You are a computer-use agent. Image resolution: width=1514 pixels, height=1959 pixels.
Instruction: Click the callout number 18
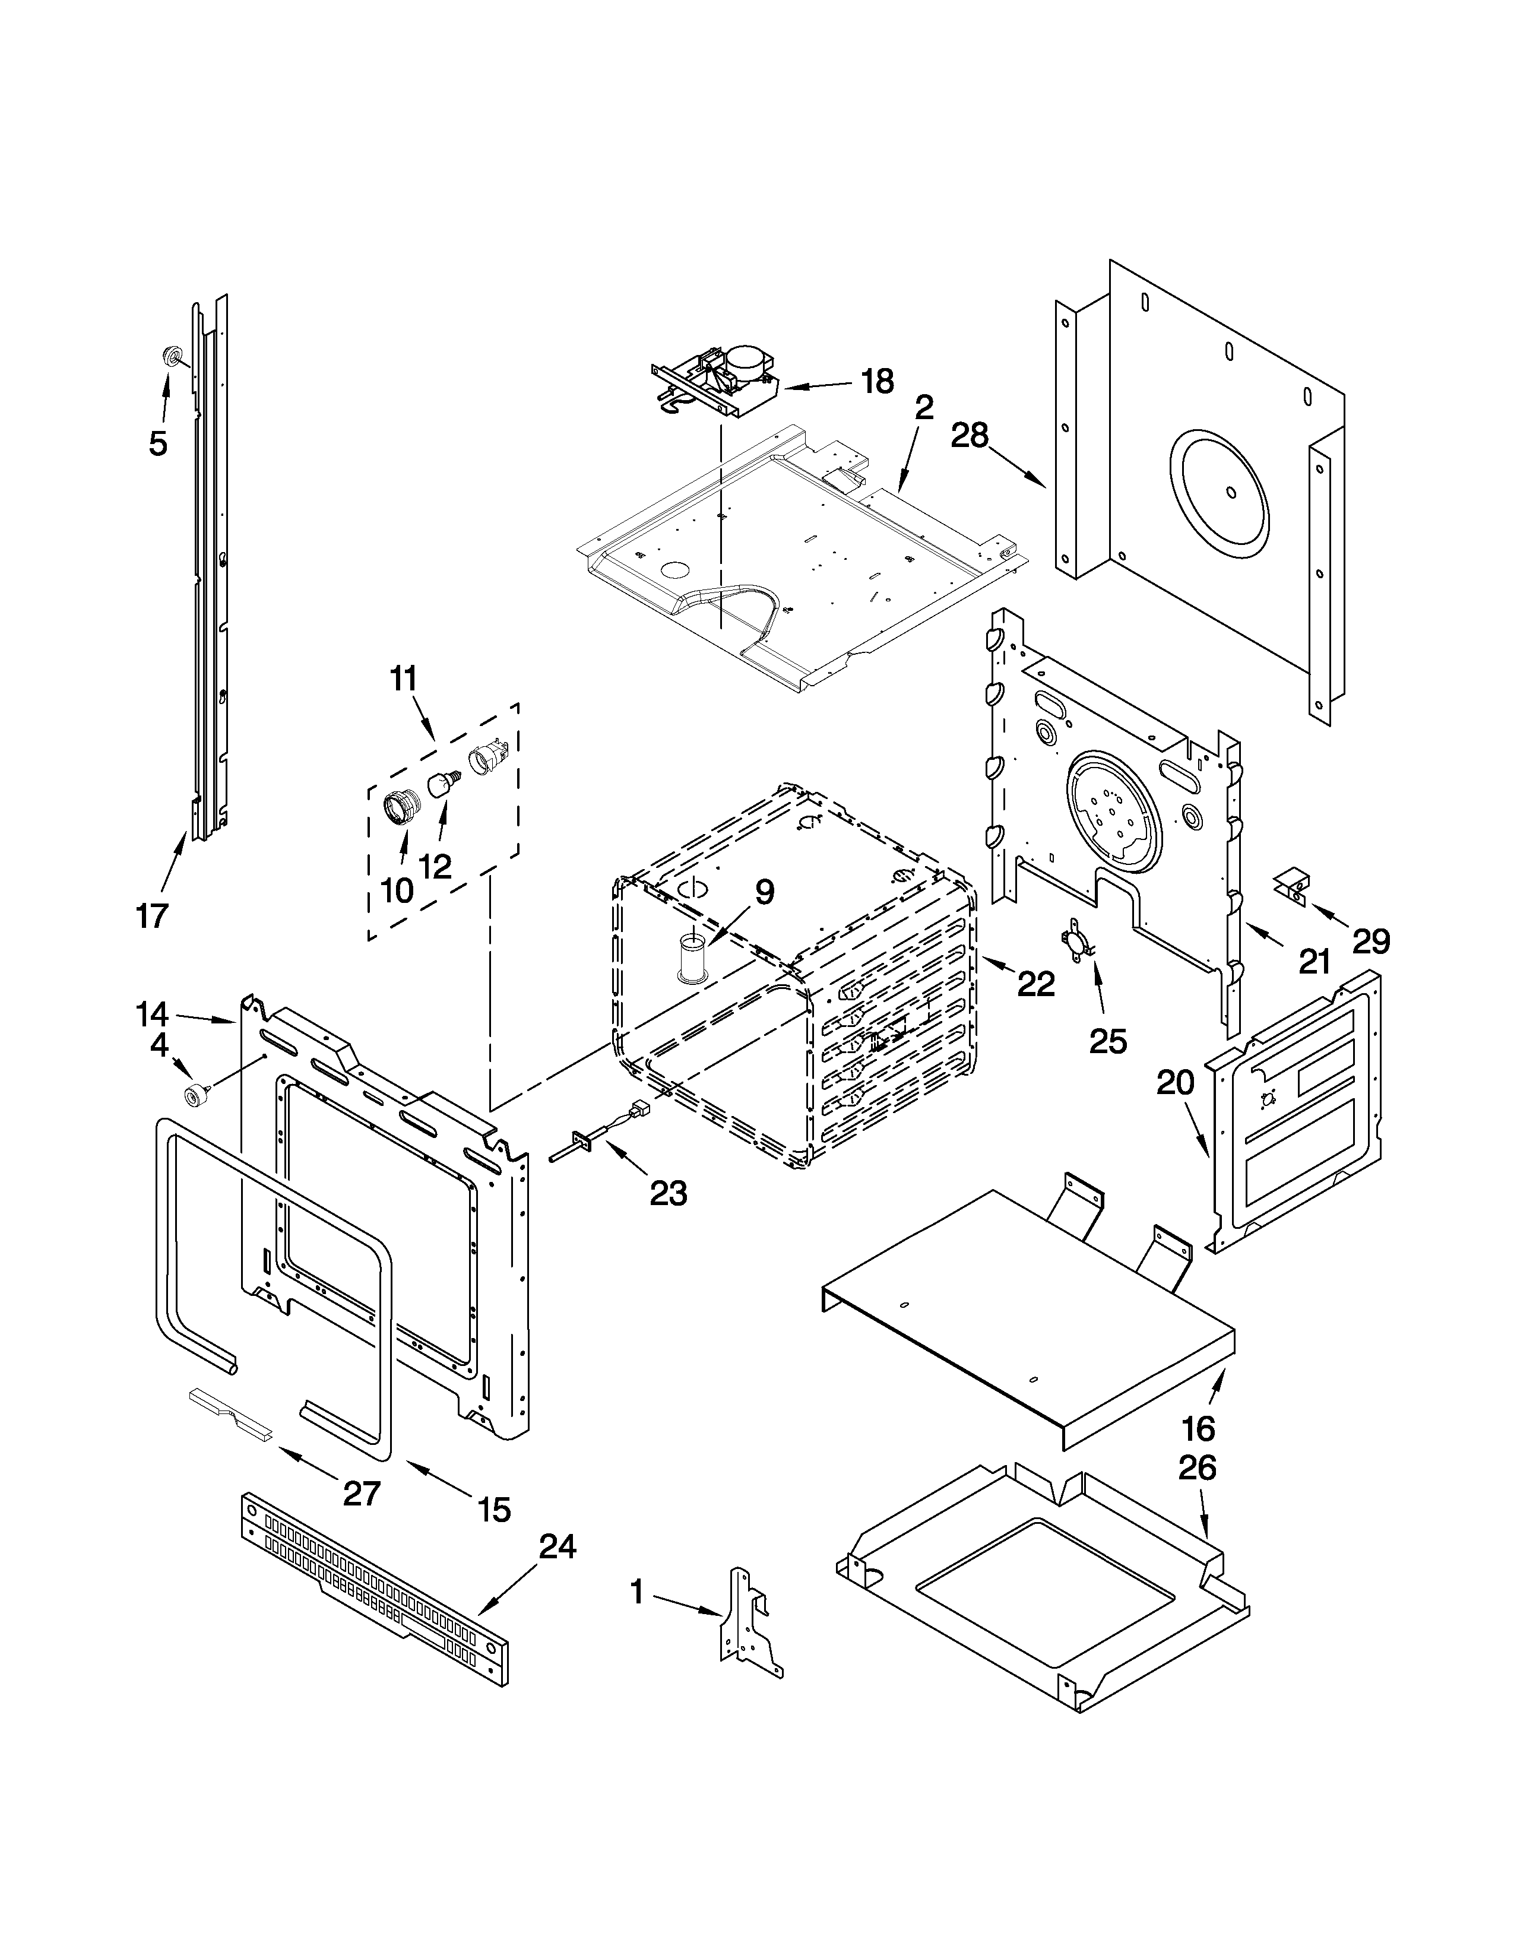876,382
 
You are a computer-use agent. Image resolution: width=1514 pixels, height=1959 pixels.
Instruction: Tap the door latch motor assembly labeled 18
718,382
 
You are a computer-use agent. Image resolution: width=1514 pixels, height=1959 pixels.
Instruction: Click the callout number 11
404,679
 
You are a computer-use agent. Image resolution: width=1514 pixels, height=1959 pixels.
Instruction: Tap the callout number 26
1196,1468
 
